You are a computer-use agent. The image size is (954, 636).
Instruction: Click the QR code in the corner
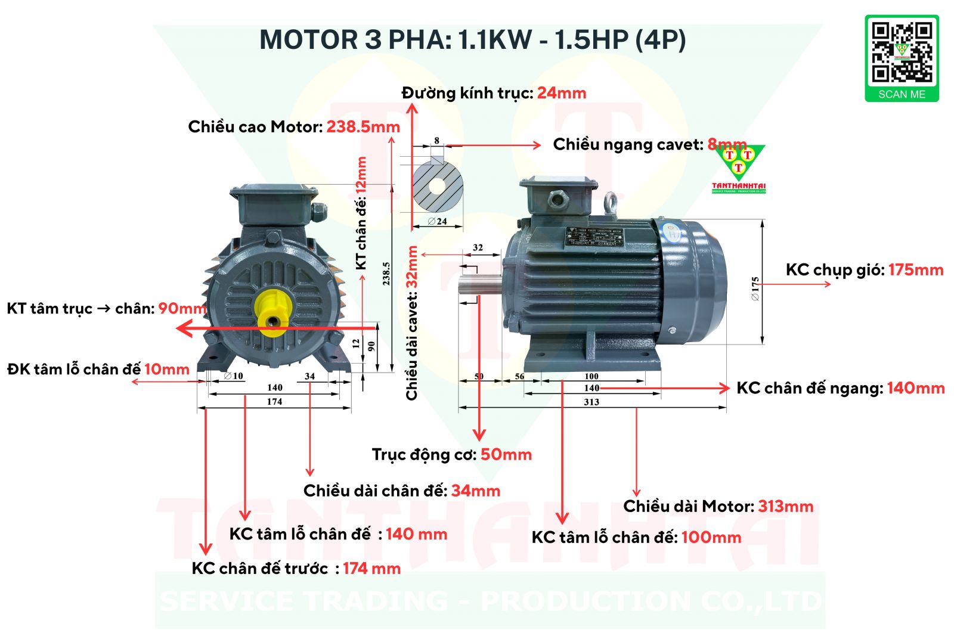tap(902, 52)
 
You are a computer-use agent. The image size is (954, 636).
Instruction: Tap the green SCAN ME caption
tap(902, 94)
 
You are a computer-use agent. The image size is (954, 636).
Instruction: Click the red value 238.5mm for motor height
tap(363, 127)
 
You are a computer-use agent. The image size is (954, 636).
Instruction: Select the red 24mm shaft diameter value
tap(562, 93)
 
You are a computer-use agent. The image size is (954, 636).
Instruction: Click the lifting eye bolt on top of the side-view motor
tap(611, 203)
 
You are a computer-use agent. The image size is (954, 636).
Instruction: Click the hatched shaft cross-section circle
tap(438, 186)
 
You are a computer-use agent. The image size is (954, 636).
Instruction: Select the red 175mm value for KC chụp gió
tap(916, 270)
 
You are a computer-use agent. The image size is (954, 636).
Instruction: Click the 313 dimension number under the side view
tap(591, 402)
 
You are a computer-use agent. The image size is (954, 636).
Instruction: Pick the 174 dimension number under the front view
tap(274, 402)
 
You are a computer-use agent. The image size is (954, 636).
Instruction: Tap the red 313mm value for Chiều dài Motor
tap(786, 507)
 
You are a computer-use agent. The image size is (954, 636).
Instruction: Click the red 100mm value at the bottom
tap(711, 538)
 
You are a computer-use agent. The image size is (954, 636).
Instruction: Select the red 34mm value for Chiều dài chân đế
tap(476, 491)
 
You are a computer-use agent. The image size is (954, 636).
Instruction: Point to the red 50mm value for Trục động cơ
tap(506, 455)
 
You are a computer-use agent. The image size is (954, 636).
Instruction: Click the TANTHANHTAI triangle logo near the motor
tap(739, 167)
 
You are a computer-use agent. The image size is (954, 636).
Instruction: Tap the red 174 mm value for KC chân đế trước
tap(371, 569)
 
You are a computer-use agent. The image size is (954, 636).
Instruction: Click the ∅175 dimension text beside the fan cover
tap(755, 288)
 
